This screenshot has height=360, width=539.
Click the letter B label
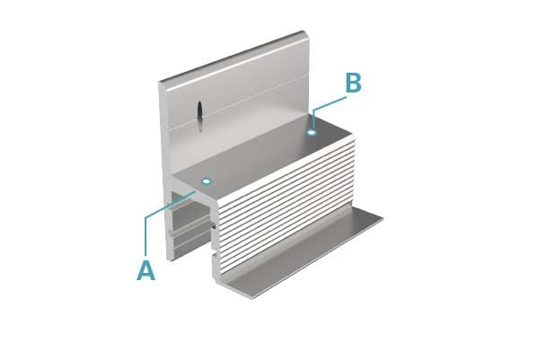pyautogui.click(x=353, y=83)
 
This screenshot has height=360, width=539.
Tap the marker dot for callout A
pyautogui.click(x=206, y=181)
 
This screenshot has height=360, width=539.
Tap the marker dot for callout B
pyautogui.click(x=311, y=133)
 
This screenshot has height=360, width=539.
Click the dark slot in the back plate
pyautogui.click(x=199, y=115)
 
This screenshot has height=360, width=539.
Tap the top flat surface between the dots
pyautogui.click(x=261, y=157)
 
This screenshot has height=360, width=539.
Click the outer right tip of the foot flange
pyautogui.click(x=384, y=216)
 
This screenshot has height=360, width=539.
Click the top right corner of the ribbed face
pyautogui.click(x=354, y=137)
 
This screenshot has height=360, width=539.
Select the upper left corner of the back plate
pyautogui.click(x=160, y=83)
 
